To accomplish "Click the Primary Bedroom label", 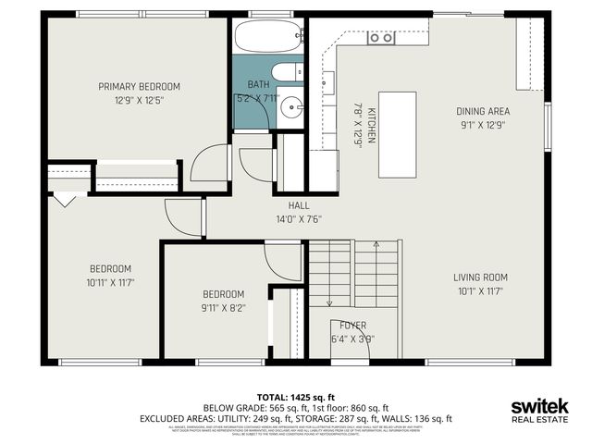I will (x=139, y=87).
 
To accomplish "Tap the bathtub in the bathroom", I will (x=267, y=38).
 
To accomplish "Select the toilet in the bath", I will (x=284, y=72).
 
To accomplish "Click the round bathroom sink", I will (x=291, y=106).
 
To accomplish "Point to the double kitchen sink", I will (x=380, y=38).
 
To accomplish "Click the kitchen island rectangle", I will (x=397, y=134).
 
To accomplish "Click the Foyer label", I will (x=352, y=325).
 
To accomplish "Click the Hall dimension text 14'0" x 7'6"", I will (x=298, y=219).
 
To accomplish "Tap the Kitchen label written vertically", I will (x=372, y=125).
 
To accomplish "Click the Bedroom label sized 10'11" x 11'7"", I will (x=109, y=268).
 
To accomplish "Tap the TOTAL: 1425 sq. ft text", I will (x=295, y=396).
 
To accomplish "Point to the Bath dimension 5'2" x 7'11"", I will (x=258, y=97).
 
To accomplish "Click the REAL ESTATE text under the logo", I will (x=540, y=421).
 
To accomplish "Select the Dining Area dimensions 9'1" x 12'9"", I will (x=485, y=124).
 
